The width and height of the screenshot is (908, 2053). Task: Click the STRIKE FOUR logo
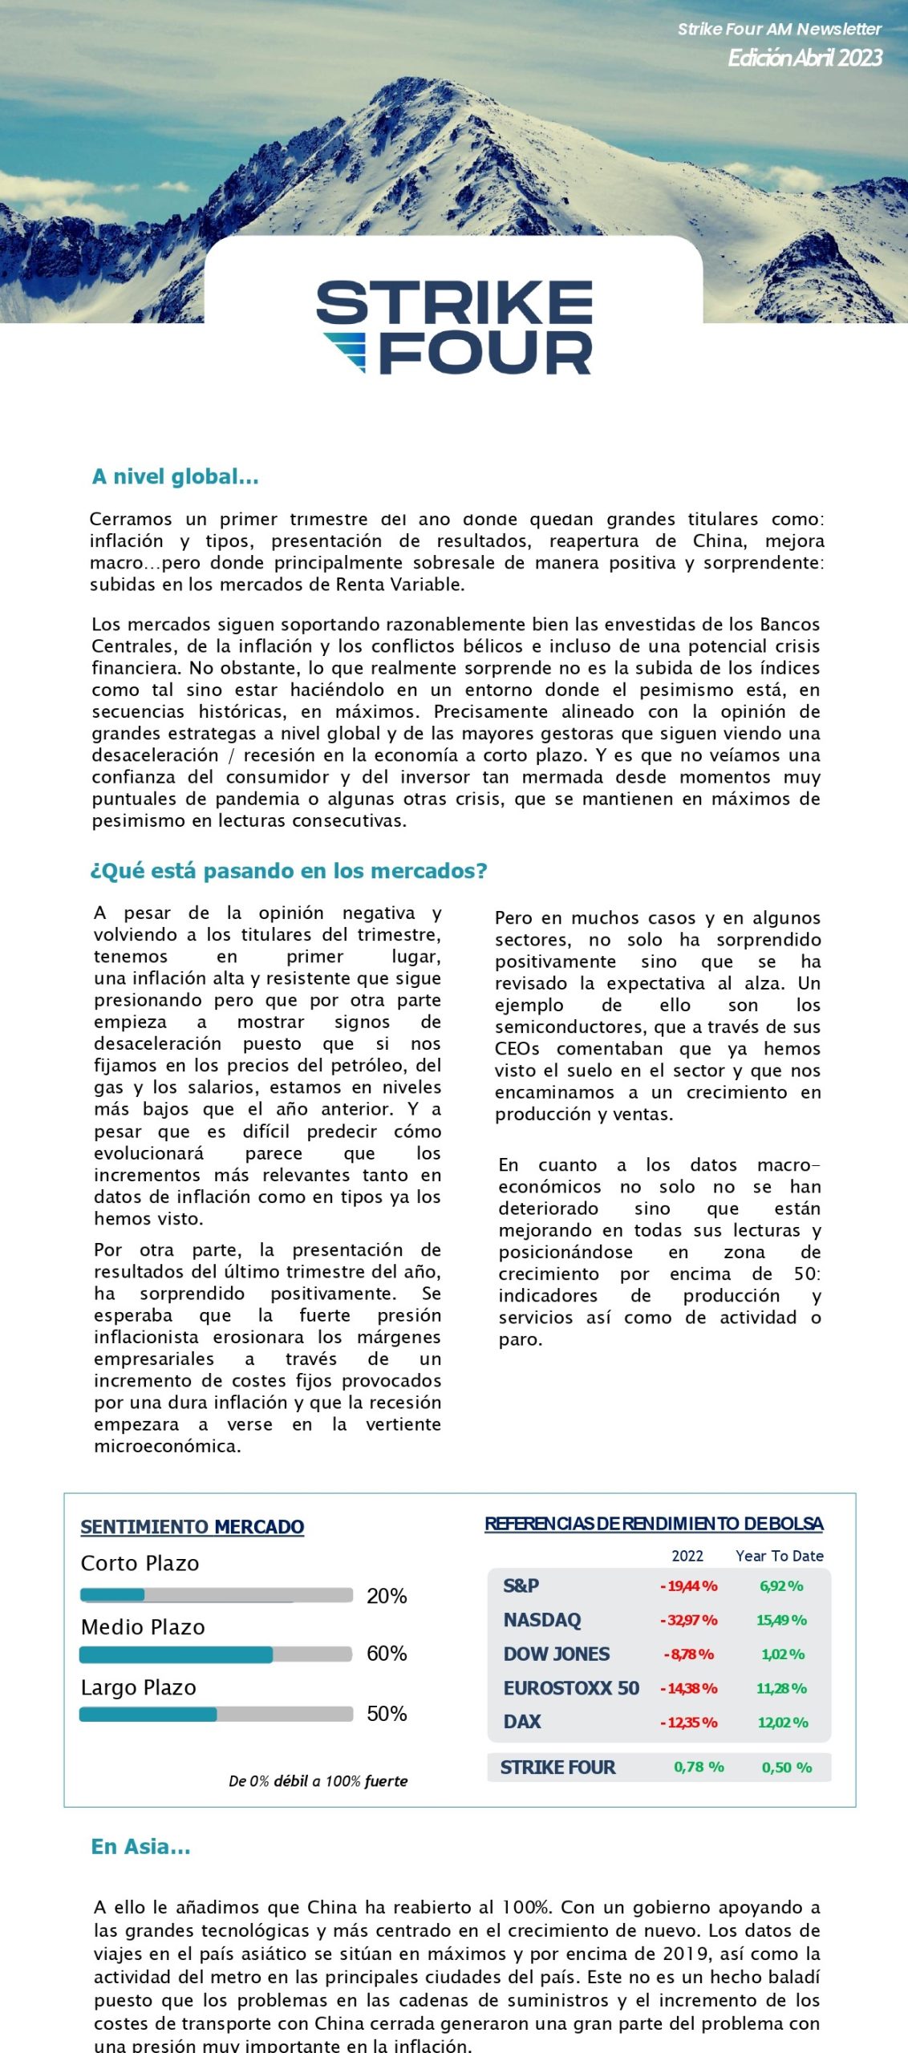pyautogui.click(x=455, y=326)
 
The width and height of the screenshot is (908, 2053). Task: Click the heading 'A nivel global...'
pyautogui.click(x=175, y=476)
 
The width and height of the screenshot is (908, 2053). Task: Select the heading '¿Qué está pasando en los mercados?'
pyautogui.click(x=289, y=870)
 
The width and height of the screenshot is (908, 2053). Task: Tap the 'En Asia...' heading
pyautogui.click(x=140, y=1846)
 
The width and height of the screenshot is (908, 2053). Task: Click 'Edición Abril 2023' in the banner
pyautogui.click(x=805, y=58)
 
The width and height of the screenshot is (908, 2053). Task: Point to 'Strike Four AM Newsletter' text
pyautogui.click(x=779, y=29)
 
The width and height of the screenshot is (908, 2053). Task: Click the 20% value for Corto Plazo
pyautogui.click(x=387, y=1596)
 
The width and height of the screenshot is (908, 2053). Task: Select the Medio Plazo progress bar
pyautogui.click(x=216, y=1654)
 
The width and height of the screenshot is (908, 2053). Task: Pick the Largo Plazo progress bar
pyautogui.click(x=216, y=1715)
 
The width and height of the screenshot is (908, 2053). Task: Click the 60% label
pyautogui.click(x=387, y=1654)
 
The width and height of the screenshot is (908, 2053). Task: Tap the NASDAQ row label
pyautogui.click(x=542, y=1620)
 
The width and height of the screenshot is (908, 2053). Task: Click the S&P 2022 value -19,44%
pyautogui.click(x=689, y=1586)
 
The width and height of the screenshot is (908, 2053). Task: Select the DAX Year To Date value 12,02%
pyautogui.click(x=783, y=1723)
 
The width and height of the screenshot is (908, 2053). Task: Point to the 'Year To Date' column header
pyautogui.click(x=780, y=1556)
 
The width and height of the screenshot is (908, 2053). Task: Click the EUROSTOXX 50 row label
pyautogui.click(x=571, y=1688)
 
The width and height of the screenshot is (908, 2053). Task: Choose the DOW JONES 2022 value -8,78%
pyautogui.click(x=689, y=1654)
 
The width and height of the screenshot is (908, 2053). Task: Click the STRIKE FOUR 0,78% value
pyautogui.click(x=699, y=1768)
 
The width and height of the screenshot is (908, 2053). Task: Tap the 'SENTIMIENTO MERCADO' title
pyautogui.click(x=193, y=1527)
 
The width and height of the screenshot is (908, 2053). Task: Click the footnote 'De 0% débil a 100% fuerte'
pyautogui.click(x=318, y=1781)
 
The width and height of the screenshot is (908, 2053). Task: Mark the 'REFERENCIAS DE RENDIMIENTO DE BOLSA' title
pyautogui.click(x=654, y=1524)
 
